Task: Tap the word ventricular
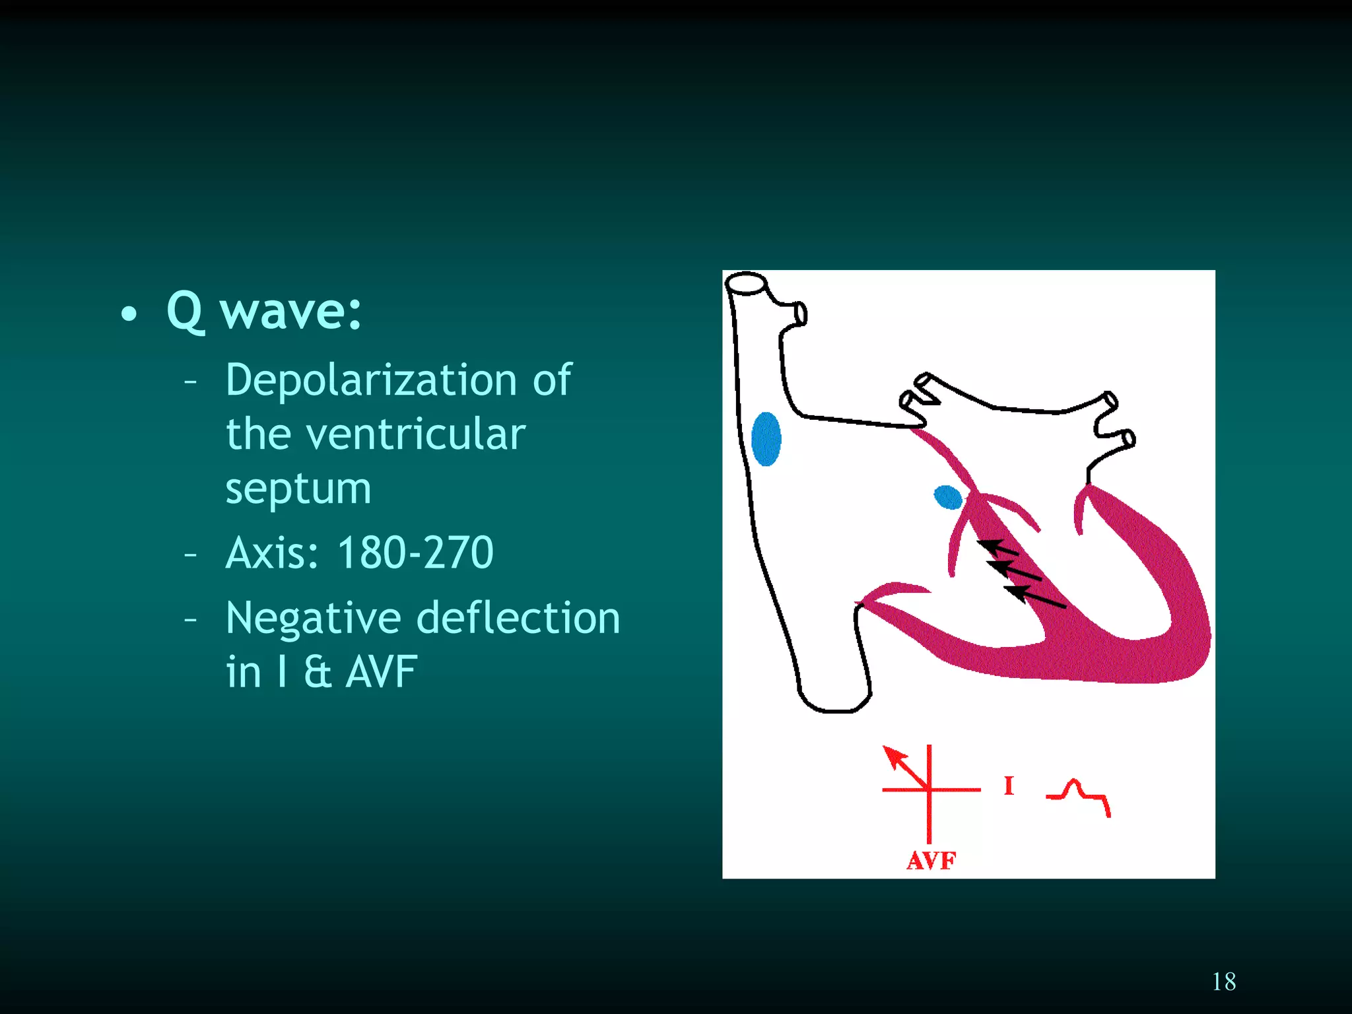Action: point(416,434)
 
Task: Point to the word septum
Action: point(298,490)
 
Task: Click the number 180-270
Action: point(415,553)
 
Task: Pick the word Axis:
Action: point(273,553)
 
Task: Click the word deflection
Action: point(519,619)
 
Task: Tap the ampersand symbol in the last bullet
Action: point(318,672)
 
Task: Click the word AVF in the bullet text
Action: point(382,672)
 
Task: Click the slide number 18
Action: point(1224,982)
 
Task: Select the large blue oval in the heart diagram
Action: point(766,439)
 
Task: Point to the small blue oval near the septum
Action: point(948,497)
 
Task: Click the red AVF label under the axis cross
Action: point(931,861)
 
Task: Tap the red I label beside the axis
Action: point(1008,786)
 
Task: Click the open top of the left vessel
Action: point(746,283)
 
